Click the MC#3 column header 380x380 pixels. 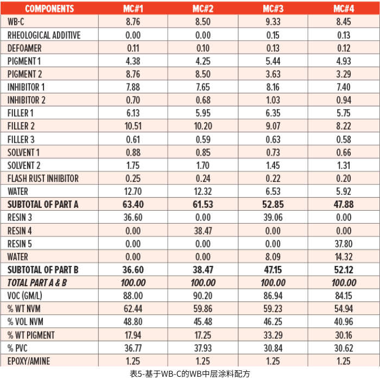coord(273,8)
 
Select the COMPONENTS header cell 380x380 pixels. coord(49,8)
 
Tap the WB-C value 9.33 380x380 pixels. coord(273,22)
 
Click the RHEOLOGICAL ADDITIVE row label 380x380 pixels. coord(44,35)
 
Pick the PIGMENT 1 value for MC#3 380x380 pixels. coord(273,61)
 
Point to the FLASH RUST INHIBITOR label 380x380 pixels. coord(43,178)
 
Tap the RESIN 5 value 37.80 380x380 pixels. coord(344,243)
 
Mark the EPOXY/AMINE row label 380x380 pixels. coord(30,360)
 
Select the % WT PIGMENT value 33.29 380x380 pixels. coord(273,334)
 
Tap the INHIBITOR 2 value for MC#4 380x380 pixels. coord(344,100)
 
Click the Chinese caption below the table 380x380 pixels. coord(190,373)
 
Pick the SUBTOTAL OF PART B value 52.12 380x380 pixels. coord(344,269)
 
